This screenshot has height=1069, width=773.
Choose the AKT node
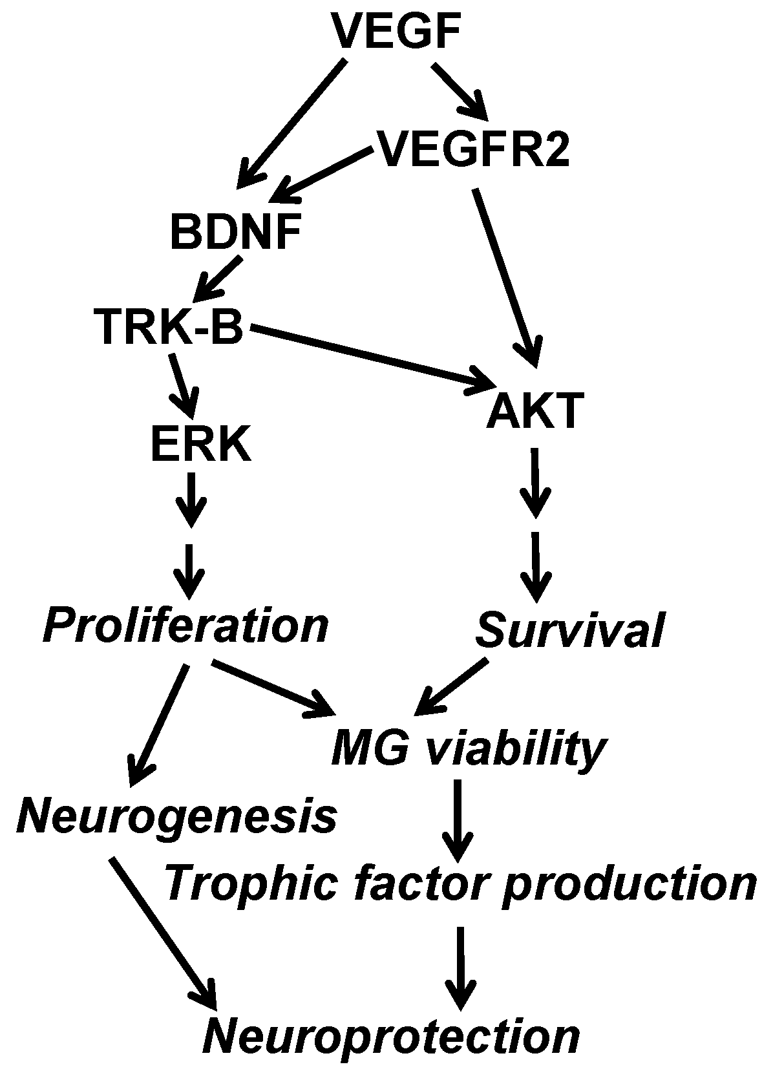[534, 411]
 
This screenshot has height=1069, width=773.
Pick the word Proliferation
[186, 626]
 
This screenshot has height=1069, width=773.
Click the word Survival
[569, 631]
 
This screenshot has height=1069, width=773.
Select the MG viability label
[468, 748]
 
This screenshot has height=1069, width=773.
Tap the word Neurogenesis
[176, 816]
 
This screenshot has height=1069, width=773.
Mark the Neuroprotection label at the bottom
[392, 1037]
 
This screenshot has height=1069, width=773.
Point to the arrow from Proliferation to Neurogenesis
[159, 724]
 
